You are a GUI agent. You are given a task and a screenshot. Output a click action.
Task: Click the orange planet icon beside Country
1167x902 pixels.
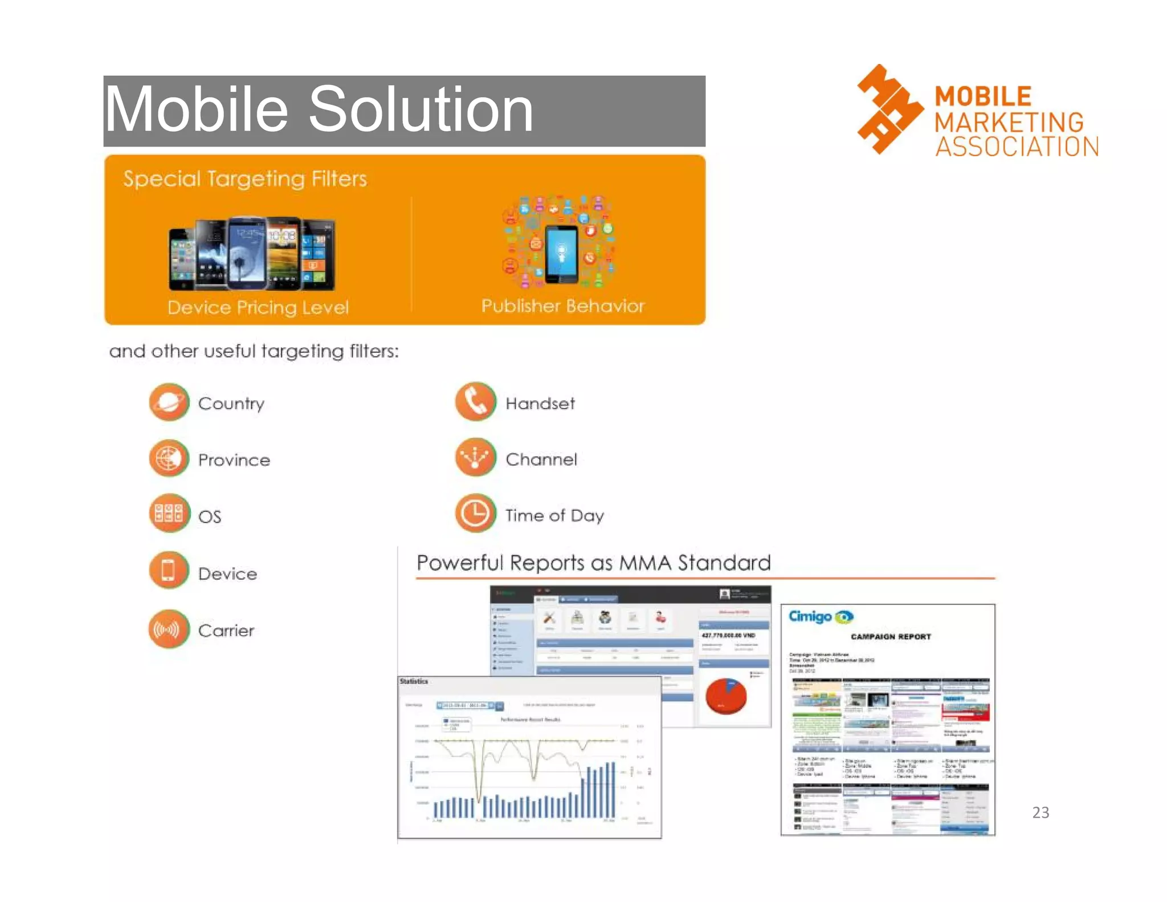click(169, 403)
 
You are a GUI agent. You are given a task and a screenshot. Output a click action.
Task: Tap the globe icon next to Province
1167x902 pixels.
click(169, 459)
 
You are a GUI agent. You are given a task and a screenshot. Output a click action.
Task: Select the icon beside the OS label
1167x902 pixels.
click(169, 514)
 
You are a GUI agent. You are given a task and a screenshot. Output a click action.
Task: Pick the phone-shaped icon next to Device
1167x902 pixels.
click(169, 571)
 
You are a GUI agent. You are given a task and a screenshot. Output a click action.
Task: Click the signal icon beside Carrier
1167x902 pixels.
click(169, 629)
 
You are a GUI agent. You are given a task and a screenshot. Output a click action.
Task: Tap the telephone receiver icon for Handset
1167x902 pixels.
click(475, 401)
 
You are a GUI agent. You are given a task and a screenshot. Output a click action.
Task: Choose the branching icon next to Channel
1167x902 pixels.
click(475, 457)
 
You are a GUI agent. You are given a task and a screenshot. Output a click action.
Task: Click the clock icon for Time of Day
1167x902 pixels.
click(475, 513)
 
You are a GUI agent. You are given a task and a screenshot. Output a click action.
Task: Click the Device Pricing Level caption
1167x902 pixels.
click(258, 308)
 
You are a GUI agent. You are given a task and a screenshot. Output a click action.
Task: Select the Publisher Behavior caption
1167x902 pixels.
click(562, 306)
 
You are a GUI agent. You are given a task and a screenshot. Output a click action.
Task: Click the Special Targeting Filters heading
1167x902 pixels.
click(245, 179)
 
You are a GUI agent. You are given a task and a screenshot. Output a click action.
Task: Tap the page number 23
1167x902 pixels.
click(1040, 812)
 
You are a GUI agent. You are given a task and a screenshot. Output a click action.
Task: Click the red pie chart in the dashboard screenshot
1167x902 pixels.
click(726, 696)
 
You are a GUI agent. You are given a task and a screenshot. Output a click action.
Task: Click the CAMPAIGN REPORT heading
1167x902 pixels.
click(891, 637)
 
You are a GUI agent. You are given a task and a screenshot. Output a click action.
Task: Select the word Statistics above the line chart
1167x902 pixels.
click(414, 681)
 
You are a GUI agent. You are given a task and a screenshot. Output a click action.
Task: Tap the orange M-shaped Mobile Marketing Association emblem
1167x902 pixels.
click(889, 109)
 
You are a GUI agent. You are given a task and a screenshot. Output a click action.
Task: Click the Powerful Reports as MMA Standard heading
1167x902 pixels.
click(593, 563)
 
